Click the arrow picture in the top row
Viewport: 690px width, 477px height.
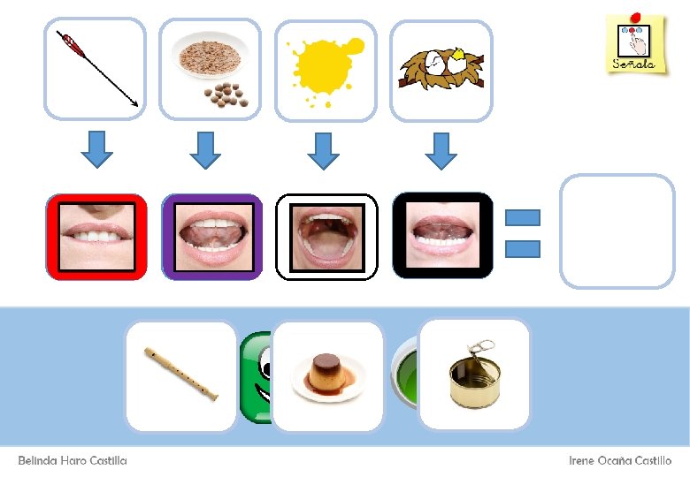[95, 68]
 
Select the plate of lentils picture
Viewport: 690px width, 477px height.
[210, 68]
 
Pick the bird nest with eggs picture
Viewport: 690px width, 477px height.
[441, 68]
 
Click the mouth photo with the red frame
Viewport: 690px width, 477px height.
[96, 237]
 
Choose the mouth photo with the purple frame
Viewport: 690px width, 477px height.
[212, 237]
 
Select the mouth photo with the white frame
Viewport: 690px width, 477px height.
[326, 237]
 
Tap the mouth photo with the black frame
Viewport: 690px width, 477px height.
[442, 236]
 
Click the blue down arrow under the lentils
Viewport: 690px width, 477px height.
[205, 149]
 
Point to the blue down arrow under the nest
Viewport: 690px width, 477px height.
[441, 149]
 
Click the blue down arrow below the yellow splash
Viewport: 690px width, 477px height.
[323, 149]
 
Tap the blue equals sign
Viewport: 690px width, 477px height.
[522, 233]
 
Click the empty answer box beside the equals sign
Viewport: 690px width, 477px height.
[617, 231]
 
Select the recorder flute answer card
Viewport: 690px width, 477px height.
[181, 375]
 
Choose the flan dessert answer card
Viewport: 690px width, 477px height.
[328, 375]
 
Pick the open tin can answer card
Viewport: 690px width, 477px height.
[473, 374]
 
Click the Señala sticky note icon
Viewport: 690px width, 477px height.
[634, 43]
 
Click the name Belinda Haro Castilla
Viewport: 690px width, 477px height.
[73, 461]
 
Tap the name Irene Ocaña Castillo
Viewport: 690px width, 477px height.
[619, 461]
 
